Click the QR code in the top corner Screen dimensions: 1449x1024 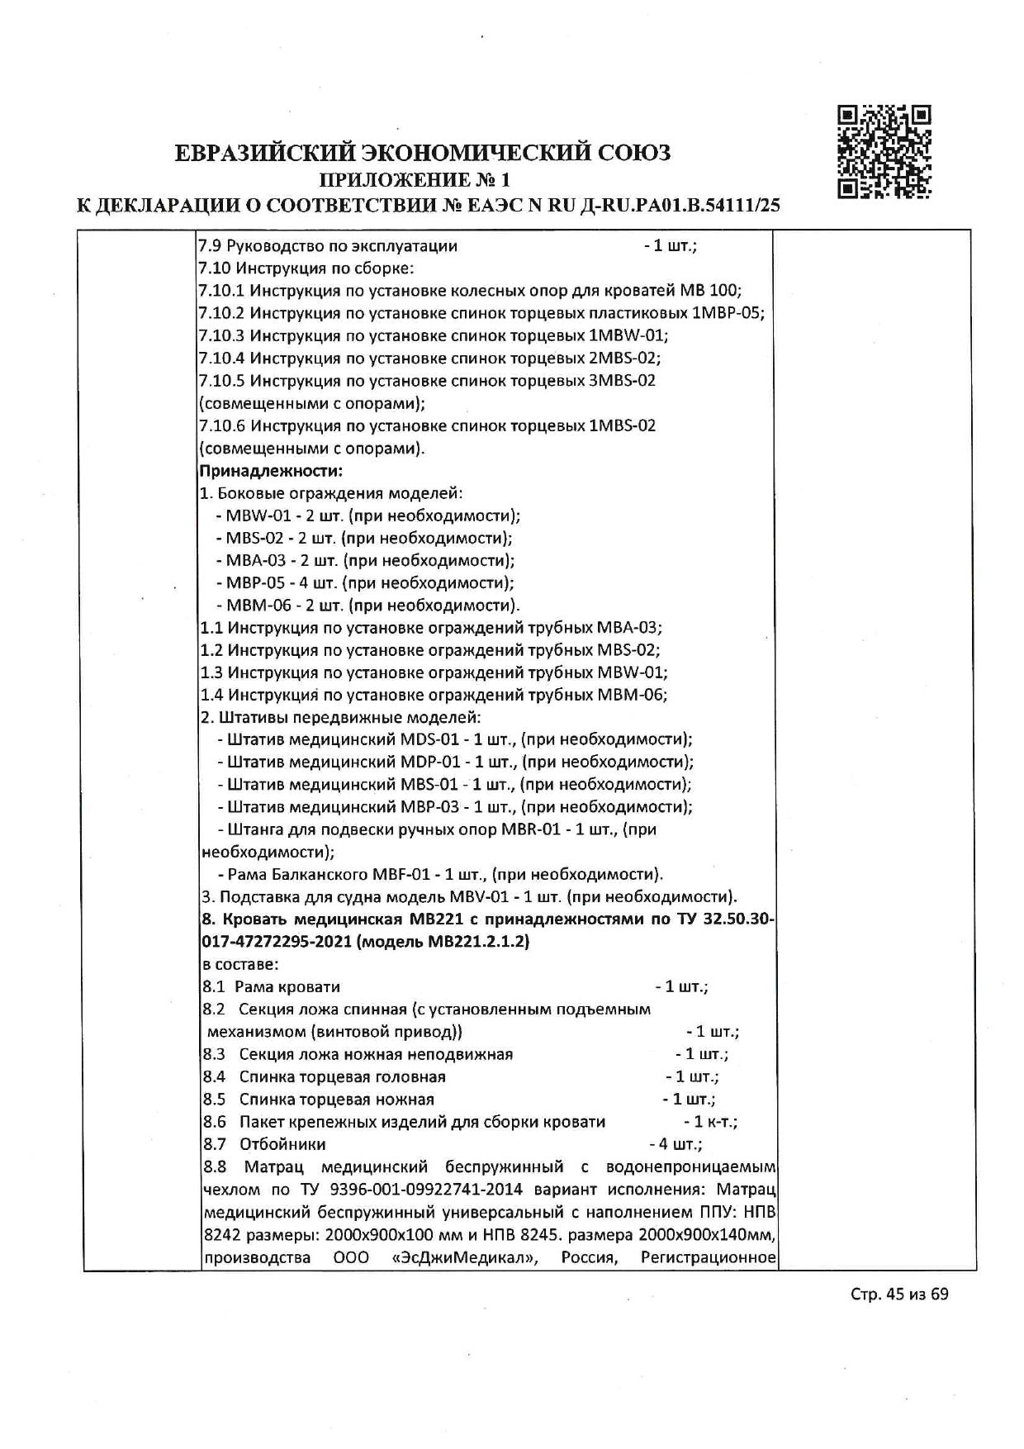tap(884, 152)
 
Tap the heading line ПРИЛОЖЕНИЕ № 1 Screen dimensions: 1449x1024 tap(415, 179)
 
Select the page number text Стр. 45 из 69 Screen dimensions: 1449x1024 tap(899, 1317)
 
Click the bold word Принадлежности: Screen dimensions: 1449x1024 tap(271, 471)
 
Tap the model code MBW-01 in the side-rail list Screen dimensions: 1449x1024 tap(251, 516)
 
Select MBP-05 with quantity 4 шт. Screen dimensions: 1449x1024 tap(250, 583)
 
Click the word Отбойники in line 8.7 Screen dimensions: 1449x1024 tap(282, 1144)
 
